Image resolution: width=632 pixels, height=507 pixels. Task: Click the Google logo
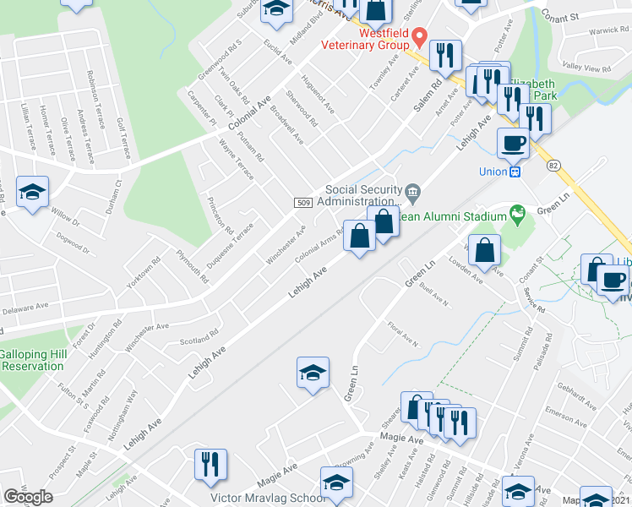pyautogui.click(x=29, y=497)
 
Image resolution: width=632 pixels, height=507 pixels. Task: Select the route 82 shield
pyautogui.click(x=553, y=165)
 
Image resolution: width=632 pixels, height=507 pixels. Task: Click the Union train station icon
pyautogui.click(x=514, y=172)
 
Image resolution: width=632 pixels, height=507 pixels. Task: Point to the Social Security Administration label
pyautogui.click(x=363, y=195)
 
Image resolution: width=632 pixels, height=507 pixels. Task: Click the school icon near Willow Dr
pyautogui.click(x=32, y=192)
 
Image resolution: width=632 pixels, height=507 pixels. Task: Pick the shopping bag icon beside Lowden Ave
pyautogui.click(x=485, y=250)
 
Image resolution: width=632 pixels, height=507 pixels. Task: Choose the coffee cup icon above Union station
pyautogui.click(x=514, y=143)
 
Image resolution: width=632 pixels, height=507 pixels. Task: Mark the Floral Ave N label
pyautogui.click(x=404, y=340)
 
